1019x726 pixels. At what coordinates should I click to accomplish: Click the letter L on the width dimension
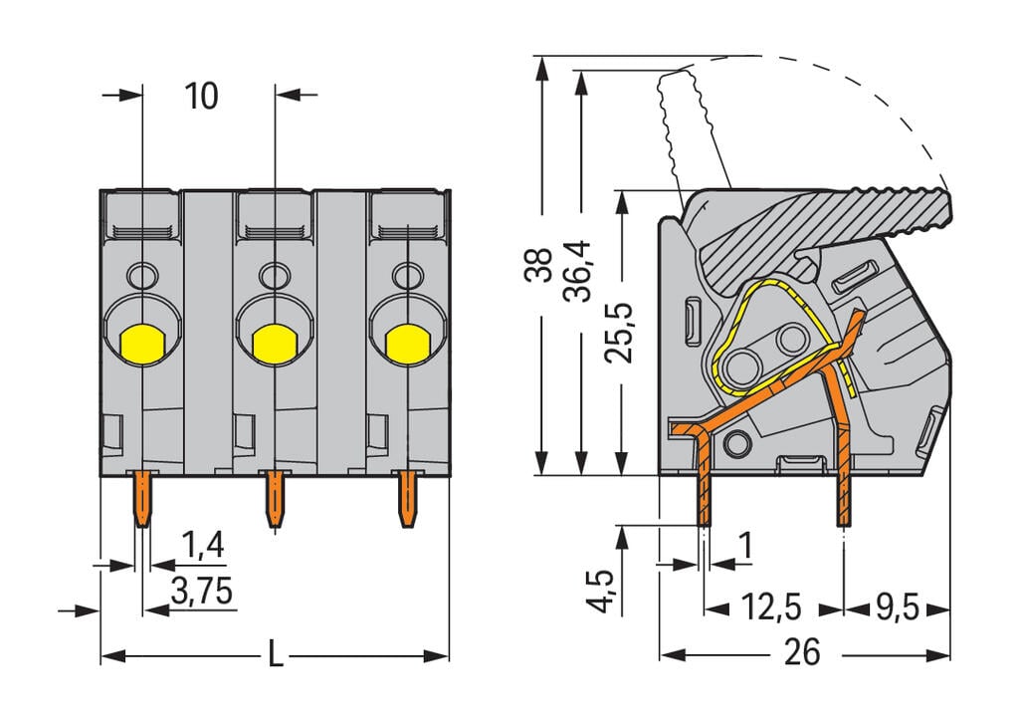click(276, 655)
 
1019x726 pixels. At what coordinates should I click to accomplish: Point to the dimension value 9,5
click(896, 607)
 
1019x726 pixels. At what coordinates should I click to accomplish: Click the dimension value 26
click(802, 653)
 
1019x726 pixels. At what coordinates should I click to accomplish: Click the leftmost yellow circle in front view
click(142, 344)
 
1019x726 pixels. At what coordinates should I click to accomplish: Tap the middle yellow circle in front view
click(272, 344)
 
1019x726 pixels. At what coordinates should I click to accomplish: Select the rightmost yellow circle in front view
click(405, 344)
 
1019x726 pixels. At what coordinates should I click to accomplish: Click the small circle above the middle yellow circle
click(271, 274)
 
